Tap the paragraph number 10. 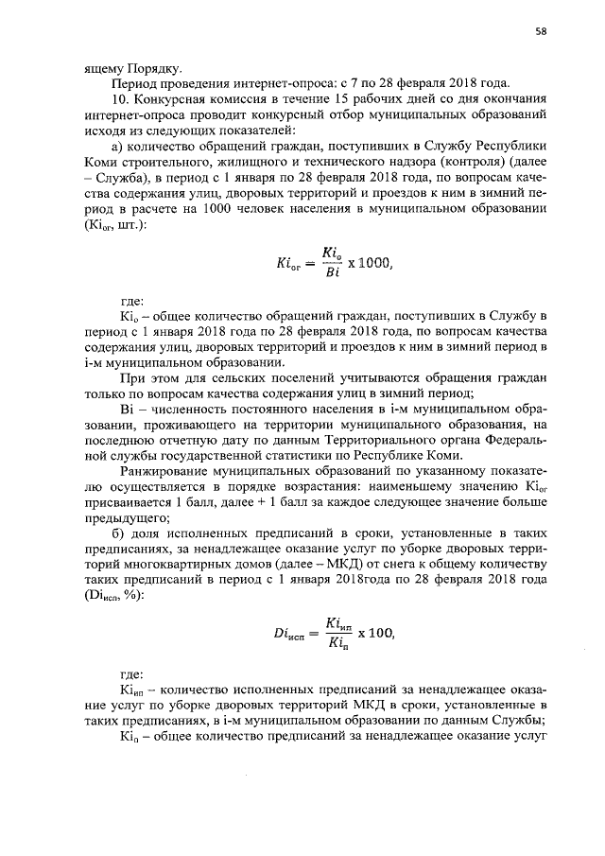pyautogui.click(x=118, y=97)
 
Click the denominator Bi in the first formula pyautogui.click(x=329, y=274)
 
